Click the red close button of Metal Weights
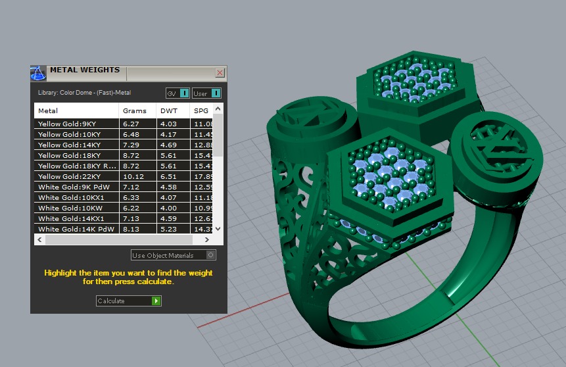pos(220,73)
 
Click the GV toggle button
pos(177,93)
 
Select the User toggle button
pos(206,93)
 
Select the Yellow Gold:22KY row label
pos(66,176)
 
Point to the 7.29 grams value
pos(130,145)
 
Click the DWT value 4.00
pos(168,208)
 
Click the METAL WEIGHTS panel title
pos(85,70)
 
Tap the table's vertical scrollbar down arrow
pos(219,229)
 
